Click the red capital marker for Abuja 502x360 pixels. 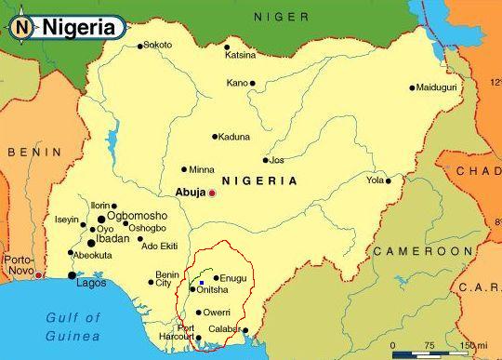point(212,193)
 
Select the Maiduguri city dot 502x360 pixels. point(412,88)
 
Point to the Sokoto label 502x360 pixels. point(158,45)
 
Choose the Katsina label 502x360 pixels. point(240,55)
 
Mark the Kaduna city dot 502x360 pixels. point(215,137)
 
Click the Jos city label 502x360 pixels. point(276,160)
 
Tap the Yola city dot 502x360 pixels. point(389,180)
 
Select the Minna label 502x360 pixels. point(202,170)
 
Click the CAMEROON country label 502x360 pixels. point(422,251)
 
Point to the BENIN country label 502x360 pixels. point(34,152)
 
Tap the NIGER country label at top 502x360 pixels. point(281,17)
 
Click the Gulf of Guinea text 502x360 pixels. point(72,327)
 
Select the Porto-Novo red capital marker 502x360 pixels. point(38,274)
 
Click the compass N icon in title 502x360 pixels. point(22,28)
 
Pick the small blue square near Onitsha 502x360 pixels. point(202,282)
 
